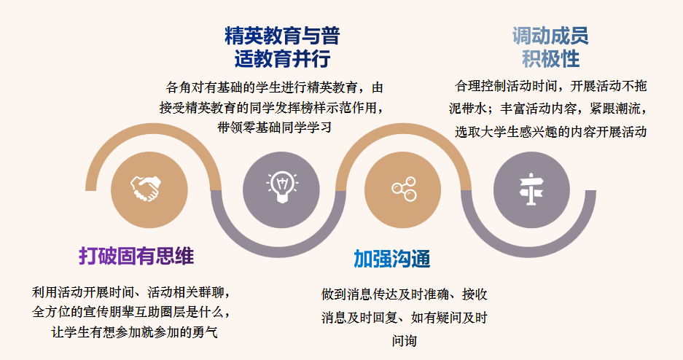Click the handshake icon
point(146,188)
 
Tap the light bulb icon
point(282,187)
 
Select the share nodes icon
point(404,189)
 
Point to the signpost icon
point(531,189)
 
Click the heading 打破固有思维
point(136,256)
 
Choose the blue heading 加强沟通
point(392,259)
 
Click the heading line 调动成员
point(550,36)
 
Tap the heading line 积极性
point(550,59)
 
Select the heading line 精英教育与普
point(282,36)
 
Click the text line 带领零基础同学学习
point(275,128)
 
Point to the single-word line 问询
point(405,340)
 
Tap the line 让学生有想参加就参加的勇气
point(135,332)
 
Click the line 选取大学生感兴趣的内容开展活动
point(550,131)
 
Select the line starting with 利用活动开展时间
point(131,291)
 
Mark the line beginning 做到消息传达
point(405,294)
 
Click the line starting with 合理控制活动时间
point(550,86)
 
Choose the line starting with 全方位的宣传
point(131,312)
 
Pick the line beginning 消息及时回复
point(405,317)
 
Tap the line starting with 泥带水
point(548,109)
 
